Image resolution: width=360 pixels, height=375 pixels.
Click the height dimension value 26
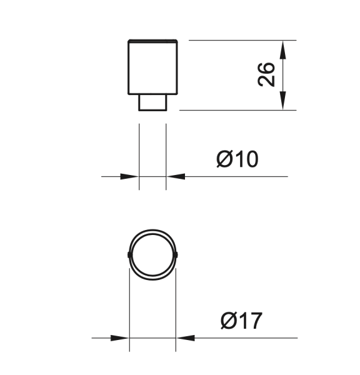(266, 74)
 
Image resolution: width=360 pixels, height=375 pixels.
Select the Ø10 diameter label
(237, 159)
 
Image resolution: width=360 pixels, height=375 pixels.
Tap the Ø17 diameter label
(241, 321)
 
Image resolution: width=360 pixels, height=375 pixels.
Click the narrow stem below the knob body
(152, 102)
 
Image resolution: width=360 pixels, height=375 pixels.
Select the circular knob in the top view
(153, 254)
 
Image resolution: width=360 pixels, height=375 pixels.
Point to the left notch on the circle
(128, 254)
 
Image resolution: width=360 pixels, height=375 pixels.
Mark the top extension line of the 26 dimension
(237, 41)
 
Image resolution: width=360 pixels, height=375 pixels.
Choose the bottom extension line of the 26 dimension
(237, 111)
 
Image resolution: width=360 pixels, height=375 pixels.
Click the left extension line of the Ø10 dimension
(139, 156)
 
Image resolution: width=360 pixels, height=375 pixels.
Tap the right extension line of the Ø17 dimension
(177, 306)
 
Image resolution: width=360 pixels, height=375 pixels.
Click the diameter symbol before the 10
(226, 159)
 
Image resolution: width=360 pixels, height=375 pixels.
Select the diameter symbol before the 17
(229, 321)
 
